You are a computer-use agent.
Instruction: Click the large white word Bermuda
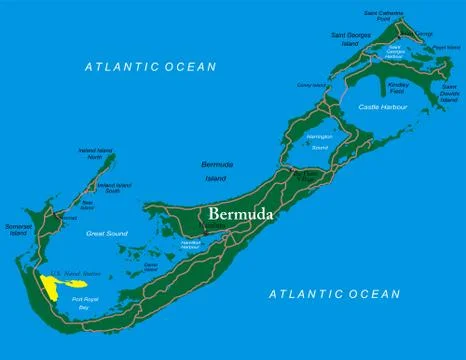tap(246, 214)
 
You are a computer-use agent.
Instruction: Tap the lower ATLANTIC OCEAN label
tap(335, 293)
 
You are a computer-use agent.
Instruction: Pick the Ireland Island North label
tap(96, 155)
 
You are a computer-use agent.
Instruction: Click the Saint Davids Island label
tap(449, 96)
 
